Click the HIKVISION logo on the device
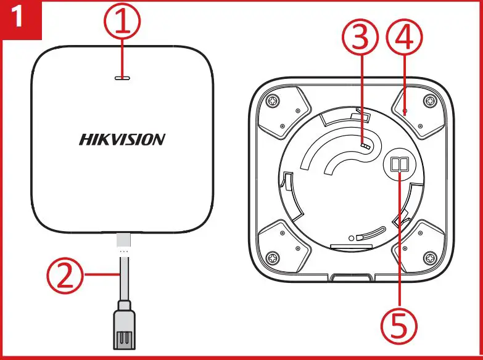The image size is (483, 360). [122, 139]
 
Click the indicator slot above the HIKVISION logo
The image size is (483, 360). [122, 78]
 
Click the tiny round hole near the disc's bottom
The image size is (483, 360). [352, 237]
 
